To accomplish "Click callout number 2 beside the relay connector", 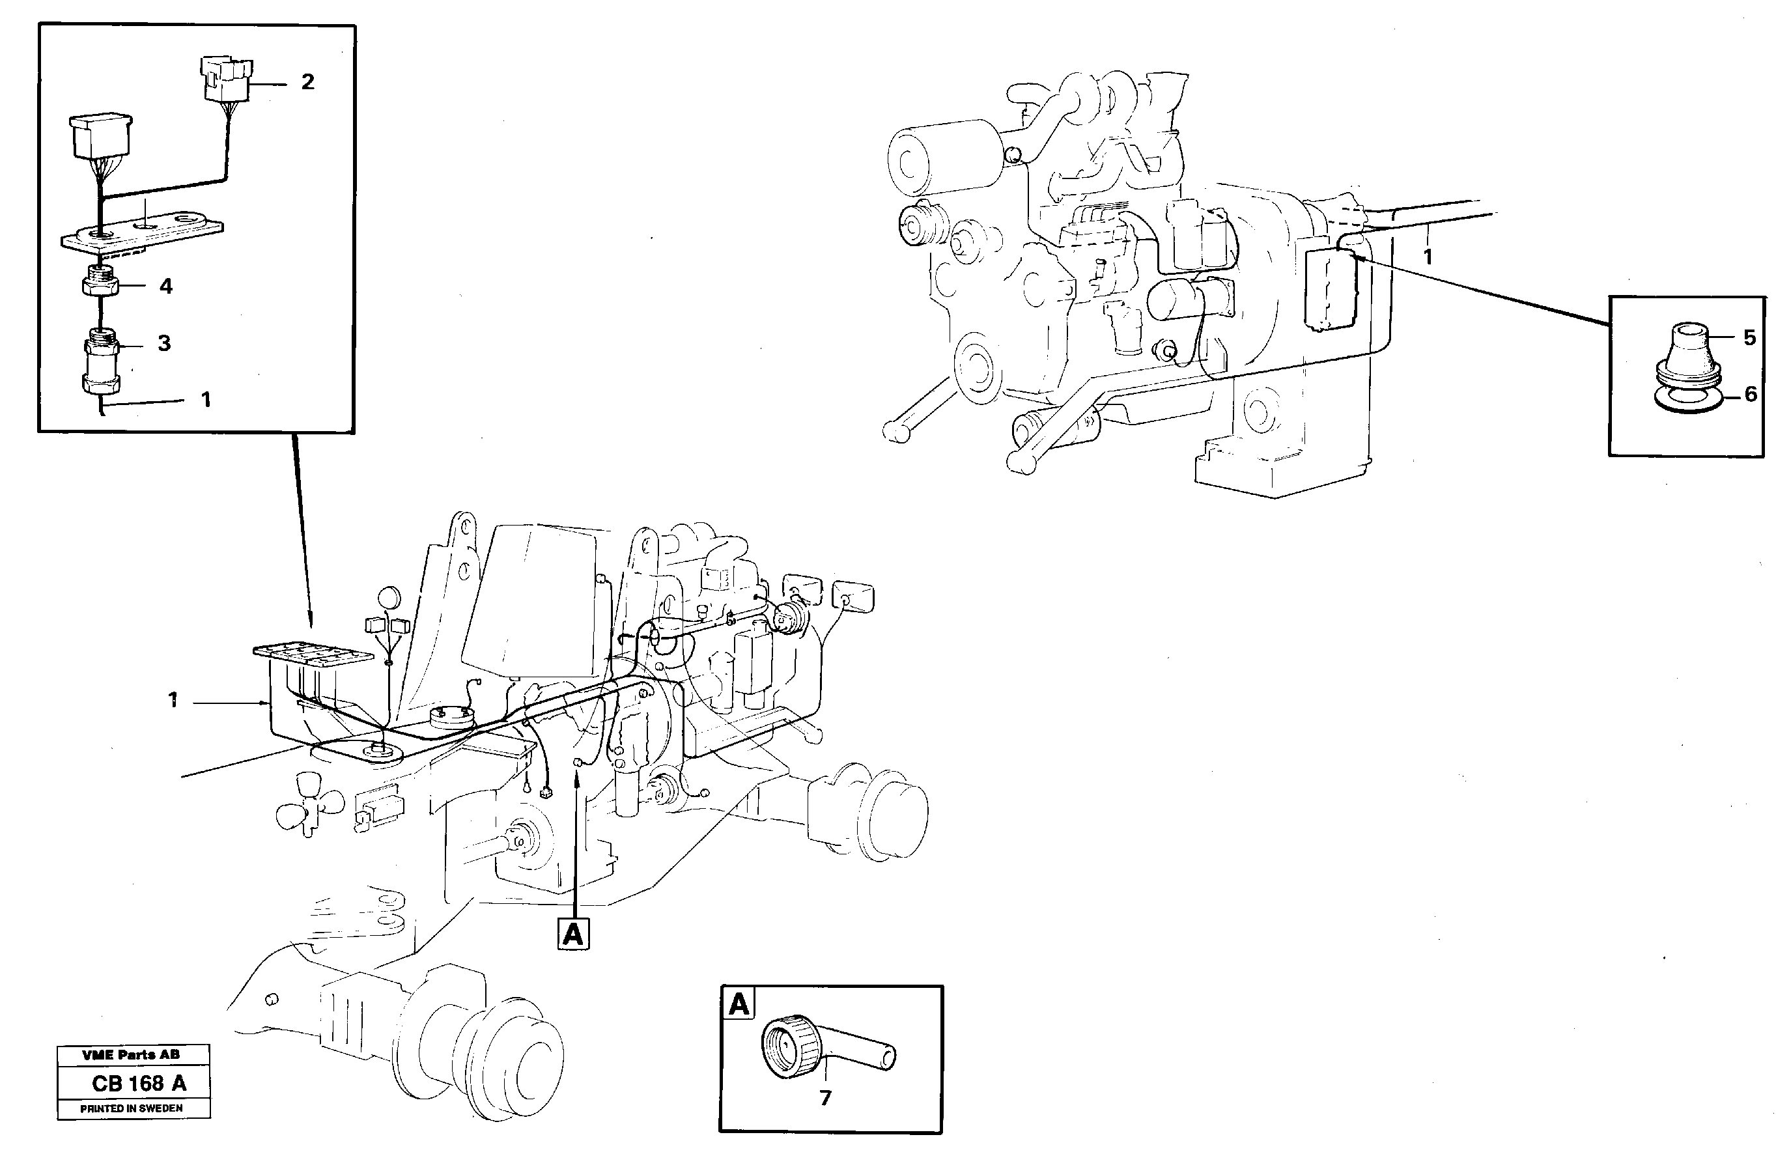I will tap(307, 82).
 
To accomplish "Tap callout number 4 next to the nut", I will tap(165, 287).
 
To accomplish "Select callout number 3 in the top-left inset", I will tap(164, 343).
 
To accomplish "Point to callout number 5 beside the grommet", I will tap(1749, 338).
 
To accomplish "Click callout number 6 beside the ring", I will tap(1751, 394).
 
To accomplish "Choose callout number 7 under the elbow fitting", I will tap(825, 1099).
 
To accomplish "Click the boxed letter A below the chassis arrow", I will tap(573, 933).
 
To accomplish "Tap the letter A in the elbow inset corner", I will tap(738, 1004).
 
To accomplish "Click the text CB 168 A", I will tap(139, 1084).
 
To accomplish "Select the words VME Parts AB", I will tap(131, 1055).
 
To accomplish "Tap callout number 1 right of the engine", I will tap(1427, 257).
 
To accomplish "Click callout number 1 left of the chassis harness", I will tap(173, 700).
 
